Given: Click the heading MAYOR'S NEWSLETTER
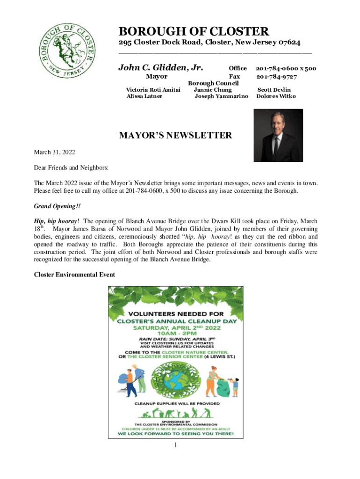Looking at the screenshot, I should [175, 136].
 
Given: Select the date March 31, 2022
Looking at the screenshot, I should [54, 152].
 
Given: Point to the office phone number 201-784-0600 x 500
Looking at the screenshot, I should [286, 68].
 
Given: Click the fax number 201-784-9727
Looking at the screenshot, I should [276, 77].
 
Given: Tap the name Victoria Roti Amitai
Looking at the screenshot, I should [154, 90].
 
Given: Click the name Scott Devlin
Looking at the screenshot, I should [274, 90].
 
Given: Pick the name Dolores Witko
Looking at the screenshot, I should [276, 96].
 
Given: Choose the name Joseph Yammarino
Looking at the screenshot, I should [221, 96].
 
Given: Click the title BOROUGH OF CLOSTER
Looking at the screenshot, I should [194, 32].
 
